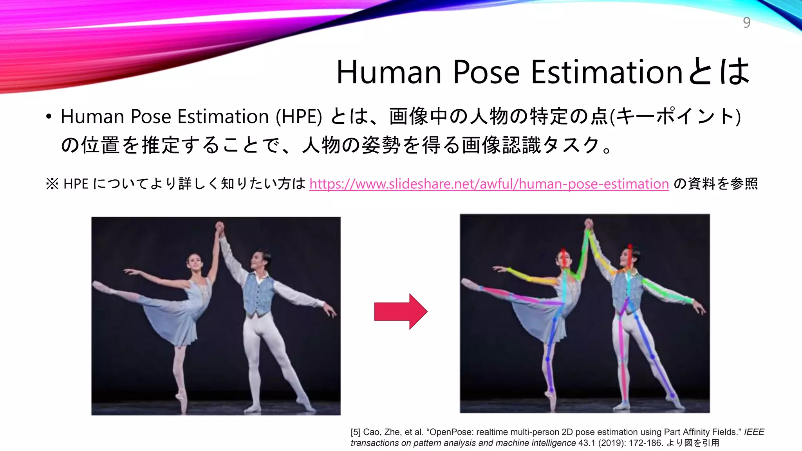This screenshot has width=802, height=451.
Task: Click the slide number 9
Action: click(746, 23)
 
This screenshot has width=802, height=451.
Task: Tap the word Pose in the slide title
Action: click(486, 72)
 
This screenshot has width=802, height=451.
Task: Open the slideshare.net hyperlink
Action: click(489, 184)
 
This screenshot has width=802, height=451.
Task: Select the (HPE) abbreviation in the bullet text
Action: click(299, 117)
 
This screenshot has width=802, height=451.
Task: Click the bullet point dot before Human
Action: click(49, 117)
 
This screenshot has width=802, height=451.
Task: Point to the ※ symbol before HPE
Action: click(52, 184)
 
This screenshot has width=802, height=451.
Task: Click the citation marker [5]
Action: click(355, 432)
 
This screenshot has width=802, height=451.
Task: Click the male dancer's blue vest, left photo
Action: click(258, 294)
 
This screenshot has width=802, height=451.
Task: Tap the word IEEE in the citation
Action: click(754, 432)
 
